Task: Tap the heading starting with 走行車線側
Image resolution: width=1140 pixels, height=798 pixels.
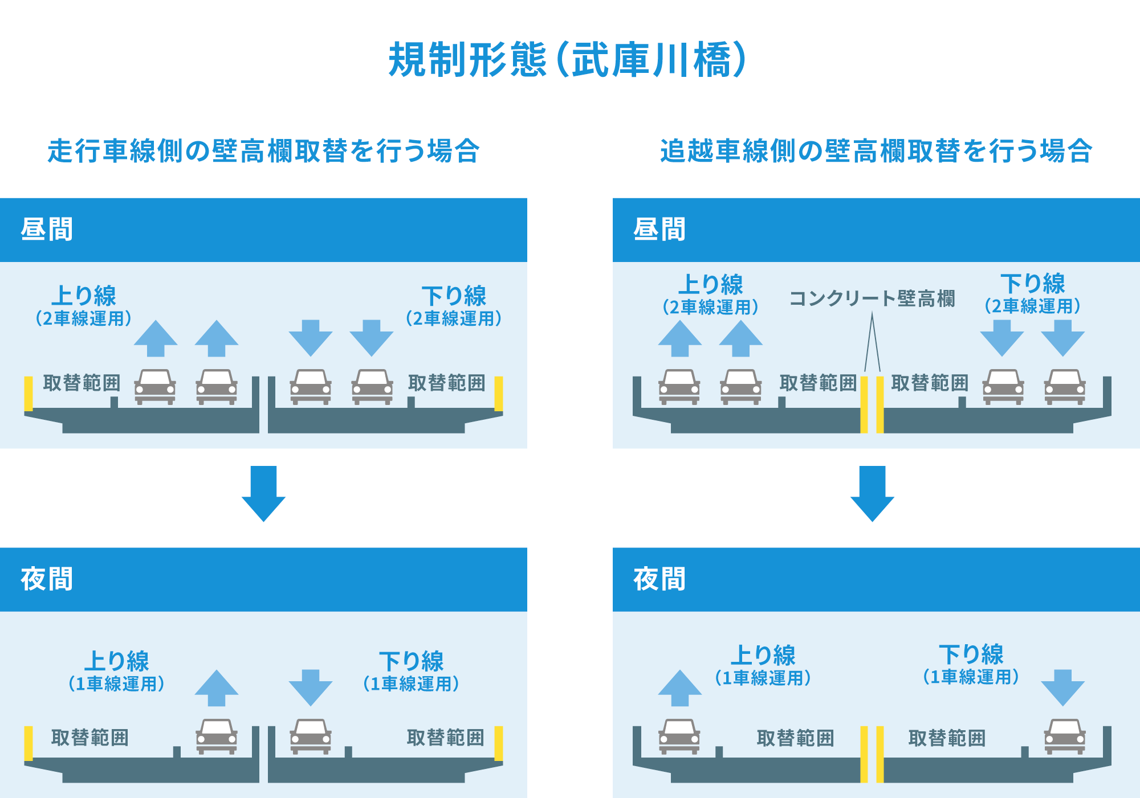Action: (263, 152)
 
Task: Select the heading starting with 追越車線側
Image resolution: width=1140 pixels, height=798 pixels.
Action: (876, 152)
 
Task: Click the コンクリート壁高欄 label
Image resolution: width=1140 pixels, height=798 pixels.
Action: (872, 298)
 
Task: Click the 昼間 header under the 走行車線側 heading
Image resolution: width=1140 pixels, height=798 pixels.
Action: (47, 230)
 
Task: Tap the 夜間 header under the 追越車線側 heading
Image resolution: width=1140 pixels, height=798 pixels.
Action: (659, 579)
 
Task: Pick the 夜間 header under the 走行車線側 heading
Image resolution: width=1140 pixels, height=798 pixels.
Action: (47, 579)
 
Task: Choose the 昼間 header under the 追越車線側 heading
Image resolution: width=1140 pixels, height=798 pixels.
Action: (659, 230)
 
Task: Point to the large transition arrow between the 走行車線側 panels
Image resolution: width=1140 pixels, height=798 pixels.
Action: (263, 493)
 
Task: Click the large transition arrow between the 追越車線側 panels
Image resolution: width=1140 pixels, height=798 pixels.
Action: (872, 493)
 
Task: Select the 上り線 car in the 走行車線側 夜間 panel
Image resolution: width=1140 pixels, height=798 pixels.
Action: (217, 736)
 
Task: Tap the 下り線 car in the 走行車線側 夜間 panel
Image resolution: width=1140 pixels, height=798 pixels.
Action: (311, 736)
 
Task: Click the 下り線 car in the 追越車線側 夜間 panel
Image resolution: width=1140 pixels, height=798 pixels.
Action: (1065, 736)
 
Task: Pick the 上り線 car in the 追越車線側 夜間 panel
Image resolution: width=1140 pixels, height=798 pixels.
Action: (679, 736)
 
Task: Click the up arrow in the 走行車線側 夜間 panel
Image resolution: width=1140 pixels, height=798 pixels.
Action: (217, 688)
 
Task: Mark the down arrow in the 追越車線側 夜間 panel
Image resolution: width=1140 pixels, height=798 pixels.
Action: (1062, 688)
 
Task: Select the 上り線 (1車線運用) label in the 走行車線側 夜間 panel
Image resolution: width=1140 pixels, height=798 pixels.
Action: (117, 671)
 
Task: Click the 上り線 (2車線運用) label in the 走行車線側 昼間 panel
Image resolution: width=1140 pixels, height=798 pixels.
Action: (84, 306)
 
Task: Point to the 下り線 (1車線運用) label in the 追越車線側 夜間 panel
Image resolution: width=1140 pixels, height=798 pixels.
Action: (971, 665)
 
